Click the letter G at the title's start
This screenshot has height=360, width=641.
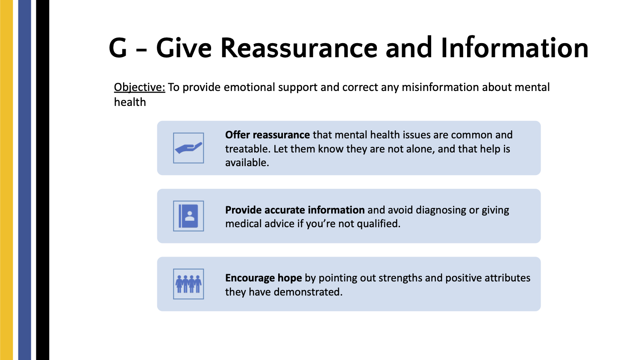coord(118,48)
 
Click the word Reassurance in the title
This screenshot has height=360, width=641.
coord(299,48)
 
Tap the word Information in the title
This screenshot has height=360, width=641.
coord(515,47)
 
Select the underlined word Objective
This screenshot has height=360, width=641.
coord(139,88)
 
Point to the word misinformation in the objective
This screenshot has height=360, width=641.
coord(440,87)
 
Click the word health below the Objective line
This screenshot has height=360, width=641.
coord(130,102)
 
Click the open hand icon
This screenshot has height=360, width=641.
coord(188,148)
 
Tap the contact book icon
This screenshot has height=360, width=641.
coord(188,216)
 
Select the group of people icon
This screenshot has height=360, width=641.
coord(188,284)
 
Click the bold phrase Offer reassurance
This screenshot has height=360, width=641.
coord(267,135)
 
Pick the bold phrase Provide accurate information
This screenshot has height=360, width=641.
coord(295,210)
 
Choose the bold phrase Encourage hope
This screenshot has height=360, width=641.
coord(263,278)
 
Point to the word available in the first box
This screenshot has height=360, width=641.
coord(247,163)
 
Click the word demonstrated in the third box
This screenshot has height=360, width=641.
coord(308,292)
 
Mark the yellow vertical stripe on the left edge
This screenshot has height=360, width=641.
coord(6,180)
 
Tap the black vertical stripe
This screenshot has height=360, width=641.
coord(43,180)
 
